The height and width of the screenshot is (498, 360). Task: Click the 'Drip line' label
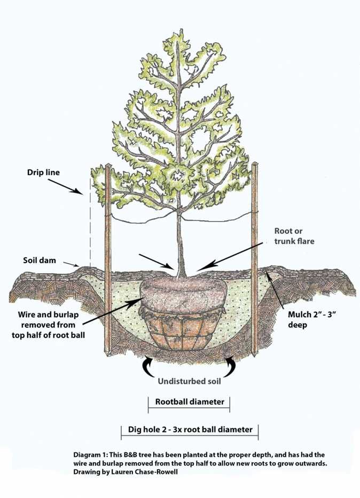(x=44, y=172)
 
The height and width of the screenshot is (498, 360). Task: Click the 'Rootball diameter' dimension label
(x=189, y=401)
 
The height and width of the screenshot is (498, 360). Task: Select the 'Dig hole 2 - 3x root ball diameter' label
(x=190, y=429)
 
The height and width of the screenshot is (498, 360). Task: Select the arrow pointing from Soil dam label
(x=72, y=264)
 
